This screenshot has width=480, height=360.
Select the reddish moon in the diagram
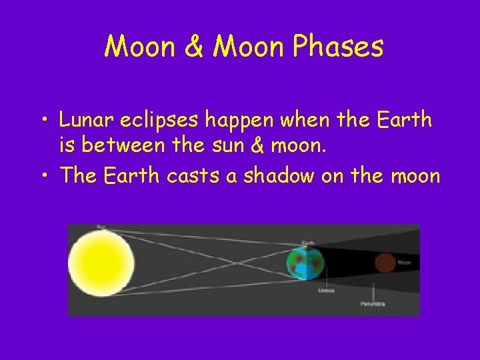point(384,263)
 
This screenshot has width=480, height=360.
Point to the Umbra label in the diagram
point(325,291)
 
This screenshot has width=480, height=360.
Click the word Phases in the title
point(339,47)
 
